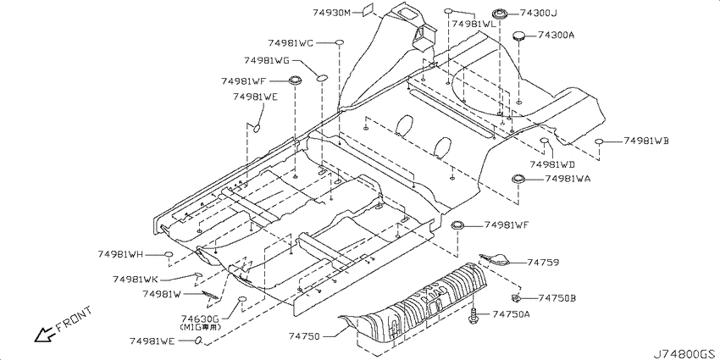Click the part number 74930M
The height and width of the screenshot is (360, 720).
[x=332, y=13]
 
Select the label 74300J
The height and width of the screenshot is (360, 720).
[x=538, y=14]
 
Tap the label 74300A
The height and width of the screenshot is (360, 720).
[x=556, y=35]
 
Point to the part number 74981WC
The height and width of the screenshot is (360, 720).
[x=291, y=43]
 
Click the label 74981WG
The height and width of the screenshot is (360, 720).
[x=267, y=60]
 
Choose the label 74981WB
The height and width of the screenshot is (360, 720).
[x=646, y=141]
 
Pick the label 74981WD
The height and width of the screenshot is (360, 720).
[x=552, y=164]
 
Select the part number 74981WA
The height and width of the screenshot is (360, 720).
[x=568, y=179]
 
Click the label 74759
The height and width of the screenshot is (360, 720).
[x=543, y=263]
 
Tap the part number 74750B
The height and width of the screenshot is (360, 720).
[x=557, y=298]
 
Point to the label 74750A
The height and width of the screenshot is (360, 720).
[x=512, y=314]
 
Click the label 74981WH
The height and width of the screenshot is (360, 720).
[x=121, y=254]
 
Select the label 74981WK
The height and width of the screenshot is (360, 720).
[x=136, y=280]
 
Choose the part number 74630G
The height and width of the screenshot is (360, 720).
[x=200, y=318]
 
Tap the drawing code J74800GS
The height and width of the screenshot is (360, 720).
[x=686, y=353]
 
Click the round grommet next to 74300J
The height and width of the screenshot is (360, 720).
[x=499, y=14]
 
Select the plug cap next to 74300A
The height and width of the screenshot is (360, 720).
[x=519, y=36]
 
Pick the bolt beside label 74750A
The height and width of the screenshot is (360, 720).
[x=474, y=316]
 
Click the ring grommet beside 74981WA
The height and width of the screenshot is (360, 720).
[x=518, y=179]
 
